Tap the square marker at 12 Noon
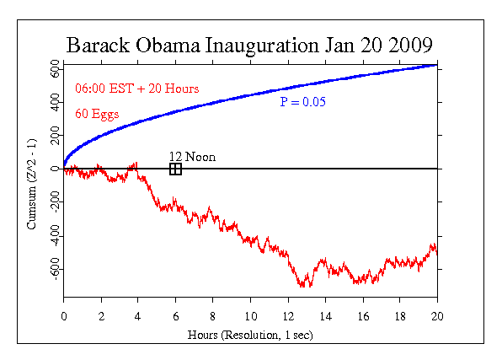(175, 169)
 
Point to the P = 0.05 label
(303, 102)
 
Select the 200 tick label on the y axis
(53, 135)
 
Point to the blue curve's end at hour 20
(436, 65)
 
